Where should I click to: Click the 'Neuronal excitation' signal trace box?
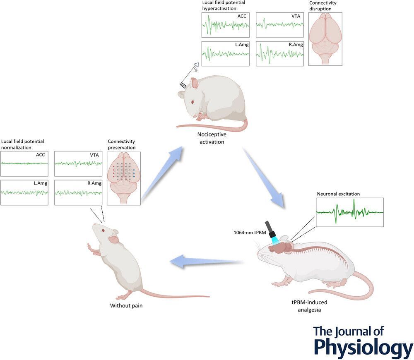point(349,212)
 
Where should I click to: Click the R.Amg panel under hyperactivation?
point(279,53)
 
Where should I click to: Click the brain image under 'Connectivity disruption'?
point(325,39)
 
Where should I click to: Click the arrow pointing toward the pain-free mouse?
point(207,262)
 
